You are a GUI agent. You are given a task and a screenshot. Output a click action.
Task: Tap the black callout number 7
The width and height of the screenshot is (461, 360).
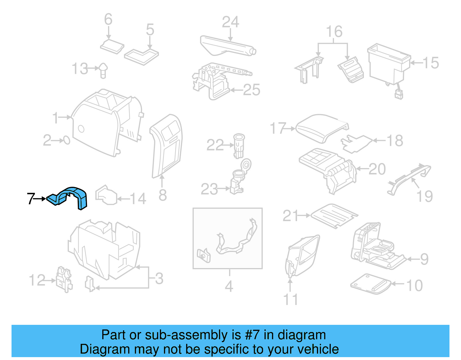pyautogui.click(x=31, y=199)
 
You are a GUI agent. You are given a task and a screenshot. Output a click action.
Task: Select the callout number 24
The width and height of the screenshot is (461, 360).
pyautogui.click(x=231, y=22)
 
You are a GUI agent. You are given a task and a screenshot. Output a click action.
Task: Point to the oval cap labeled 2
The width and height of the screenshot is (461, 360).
pyautogui.click(x=67, y=140)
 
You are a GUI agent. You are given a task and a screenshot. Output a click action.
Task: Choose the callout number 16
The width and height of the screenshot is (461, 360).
pyautogui.click(x=334, y=32)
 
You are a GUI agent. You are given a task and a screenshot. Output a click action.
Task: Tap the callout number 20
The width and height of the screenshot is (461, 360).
pyautogui.click(x=377, y=169)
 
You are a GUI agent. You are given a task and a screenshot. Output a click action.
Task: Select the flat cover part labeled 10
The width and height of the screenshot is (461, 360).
pyautogui.click(x=371, y=284)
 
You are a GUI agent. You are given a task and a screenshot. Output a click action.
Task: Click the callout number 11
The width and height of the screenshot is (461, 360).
pyautogui.click(x=290, y=299)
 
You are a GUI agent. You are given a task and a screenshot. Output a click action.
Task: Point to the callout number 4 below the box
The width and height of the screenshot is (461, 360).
pyautogui.click(x=229, y=286)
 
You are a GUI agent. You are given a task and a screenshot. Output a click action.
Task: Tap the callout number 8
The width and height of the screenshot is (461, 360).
pyautogui.click(x=163, y=195)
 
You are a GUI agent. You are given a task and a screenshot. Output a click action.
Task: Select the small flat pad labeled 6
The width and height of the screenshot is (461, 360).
pyautogui.click(x=112, y=46)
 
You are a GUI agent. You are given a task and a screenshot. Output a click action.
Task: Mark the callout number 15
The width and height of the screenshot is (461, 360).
pyautogui.click(x=431, y=63)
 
